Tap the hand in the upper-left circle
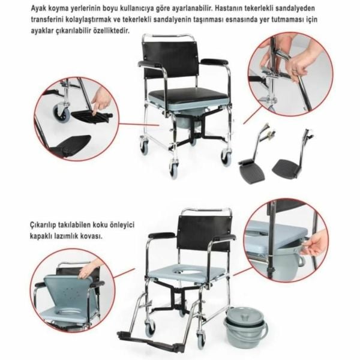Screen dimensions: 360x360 coord(101,99)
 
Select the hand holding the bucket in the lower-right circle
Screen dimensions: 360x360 coord(315,242)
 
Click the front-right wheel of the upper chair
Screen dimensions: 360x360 coord(226,157)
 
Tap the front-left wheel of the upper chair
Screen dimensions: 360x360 coord(173,169)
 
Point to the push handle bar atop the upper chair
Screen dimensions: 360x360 coord(169,37)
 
